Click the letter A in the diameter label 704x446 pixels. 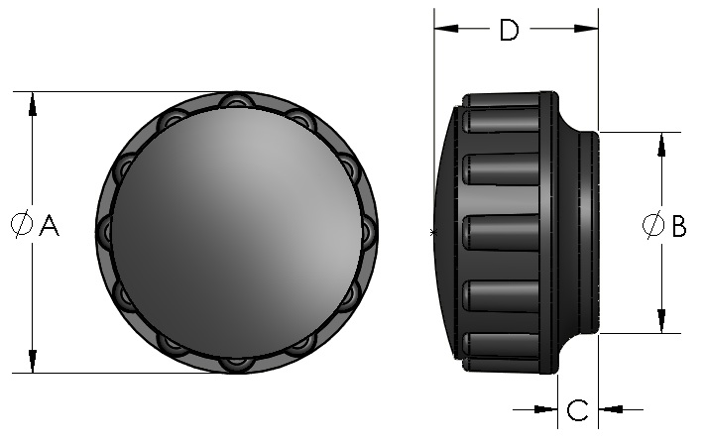tap(49, 227)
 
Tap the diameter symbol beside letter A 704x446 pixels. tap(21, 226)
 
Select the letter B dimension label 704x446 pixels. tap(678, 227)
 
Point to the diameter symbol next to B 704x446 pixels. tap(652, 226)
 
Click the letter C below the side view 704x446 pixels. tap(578, 408)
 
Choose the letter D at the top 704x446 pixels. tap(509, 31)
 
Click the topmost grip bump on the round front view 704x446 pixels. tap(235, 101)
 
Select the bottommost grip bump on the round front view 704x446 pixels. tap(235, 362)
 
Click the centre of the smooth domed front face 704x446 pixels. tap(235, 232)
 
